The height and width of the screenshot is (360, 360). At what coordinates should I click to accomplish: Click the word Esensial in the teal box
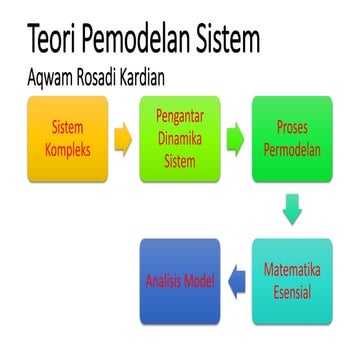pyautogui.click(x=291, y=291)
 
